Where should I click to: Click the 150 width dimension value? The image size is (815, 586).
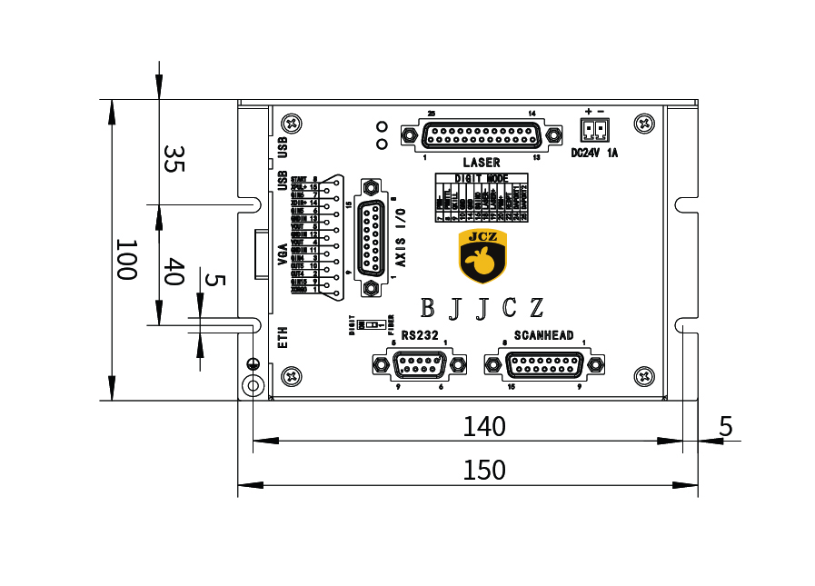483,470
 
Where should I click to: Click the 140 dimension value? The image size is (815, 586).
483,426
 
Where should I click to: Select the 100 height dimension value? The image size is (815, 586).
125,260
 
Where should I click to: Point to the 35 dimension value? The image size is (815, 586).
174,159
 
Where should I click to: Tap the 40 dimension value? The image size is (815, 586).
174,272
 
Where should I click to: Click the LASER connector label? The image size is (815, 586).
482,163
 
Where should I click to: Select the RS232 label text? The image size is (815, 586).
420,335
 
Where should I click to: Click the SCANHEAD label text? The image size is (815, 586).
543,335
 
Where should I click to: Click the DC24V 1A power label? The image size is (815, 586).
594,153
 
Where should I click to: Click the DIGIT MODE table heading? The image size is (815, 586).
481,178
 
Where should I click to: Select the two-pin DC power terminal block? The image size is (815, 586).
594,129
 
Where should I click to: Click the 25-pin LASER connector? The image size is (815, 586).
482,135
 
